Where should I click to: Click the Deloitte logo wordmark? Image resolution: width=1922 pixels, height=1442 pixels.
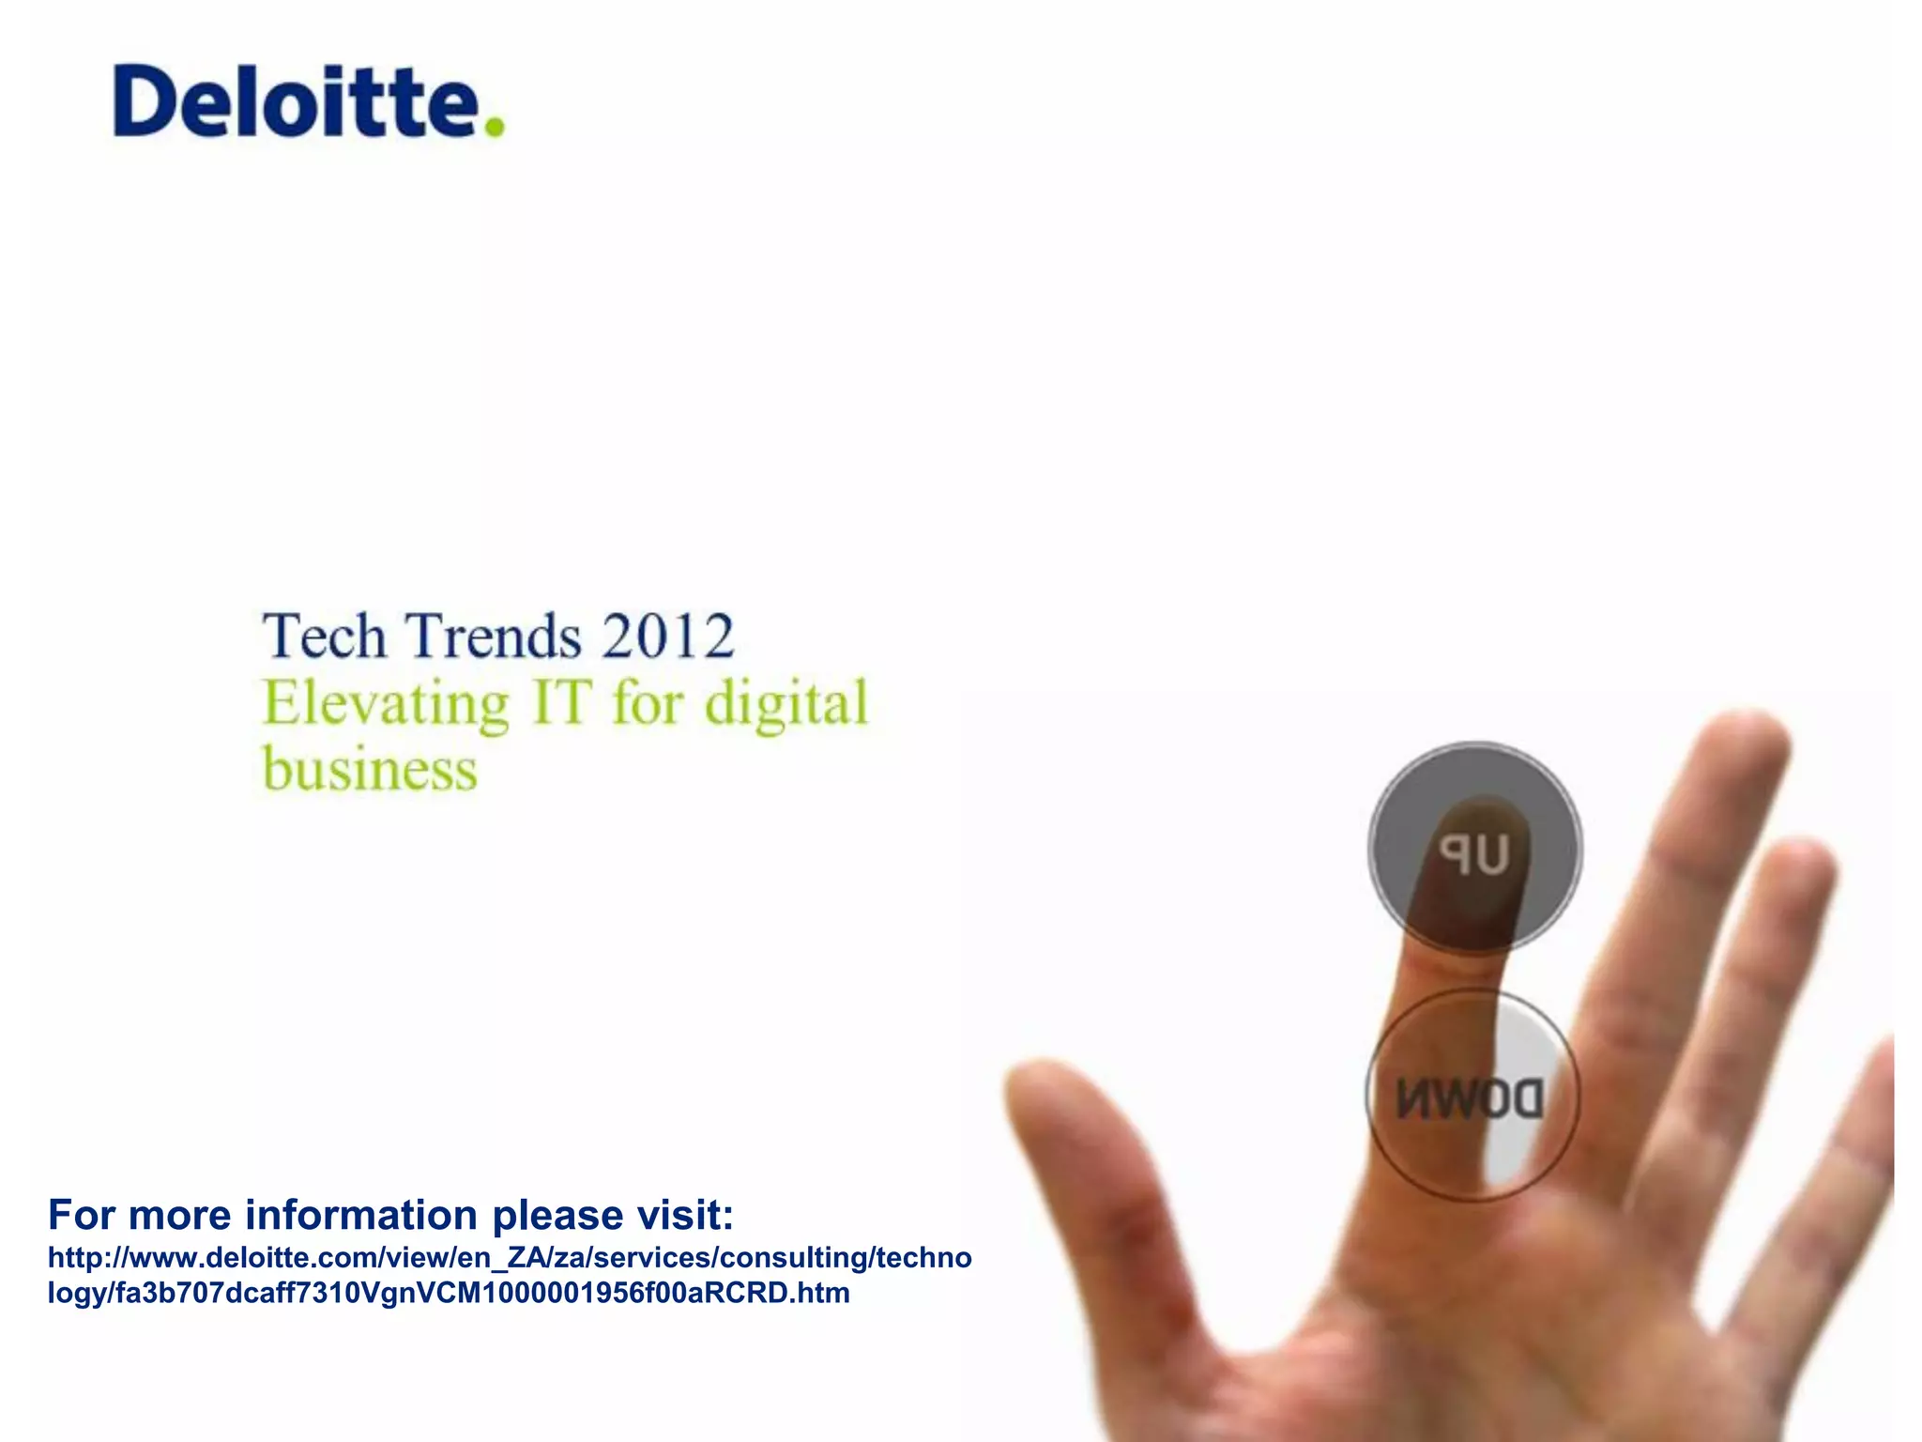point(296,101)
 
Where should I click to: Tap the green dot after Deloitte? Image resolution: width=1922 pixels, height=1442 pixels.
point(495,127)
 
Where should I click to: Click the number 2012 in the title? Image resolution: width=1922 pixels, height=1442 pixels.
point(667,637)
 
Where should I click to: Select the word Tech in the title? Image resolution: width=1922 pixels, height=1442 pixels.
point(324,637)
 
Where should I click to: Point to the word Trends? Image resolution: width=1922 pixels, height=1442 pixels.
point(495,637)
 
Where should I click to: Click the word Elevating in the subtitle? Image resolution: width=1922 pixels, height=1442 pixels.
point(386,704)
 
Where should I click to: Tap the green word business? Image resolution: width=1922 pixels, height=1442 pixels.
point(370,770)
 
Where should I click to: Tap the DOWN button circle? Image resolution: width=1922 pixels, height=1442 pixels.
point(1472,1097)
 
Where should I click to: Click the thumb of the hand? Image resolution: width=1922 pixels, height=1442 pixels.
point(1079,1155)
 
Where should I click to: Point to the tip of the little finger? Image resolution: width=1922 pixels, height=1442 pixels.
point(1877,1061)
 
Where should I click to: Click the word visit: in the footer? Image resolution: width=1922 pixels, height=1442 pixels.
point(685,1215)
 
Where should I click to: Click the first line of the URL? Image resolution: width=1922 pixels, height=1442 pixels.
point(510,1257)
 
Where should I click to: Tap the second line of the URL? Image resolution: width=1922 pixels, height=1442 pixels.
point(449,1293)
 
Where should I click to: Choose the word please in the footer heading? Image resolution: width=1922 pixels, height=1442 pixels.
point(557,1217)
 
